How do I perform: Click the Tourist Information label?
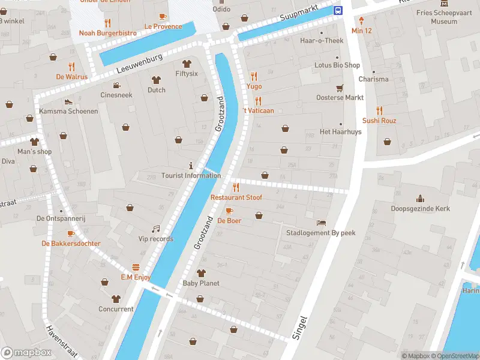click(x=191, y=176)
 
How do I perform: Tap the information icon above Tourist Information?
click(x=191, y=165)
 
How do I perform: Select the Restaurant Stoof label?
click(x=236, y=197)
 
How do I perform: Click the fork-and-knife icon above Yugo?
click(x=254, y=76)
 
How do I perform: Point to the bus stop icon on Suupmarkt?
click(x=338, y=10)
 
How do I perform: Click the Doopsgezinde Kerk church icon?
click(x=420, y=199)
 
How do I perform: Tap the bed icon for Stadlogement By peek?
click(x=322, y=223)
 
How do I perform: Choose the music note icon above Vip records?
click(x=156, y=229)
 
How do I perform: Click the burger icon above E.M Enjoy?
click(x=136, y=267)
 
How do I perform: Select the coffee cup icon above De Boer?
click(x=229, y=211)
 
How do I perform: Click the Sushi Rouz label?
click(x=379, y=121)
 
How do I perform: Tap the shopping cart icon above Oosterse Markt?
click(x=340, y=88)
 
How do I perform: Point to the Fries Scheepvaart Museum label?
click(x=444, y=17)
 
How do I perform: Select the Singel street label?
click(x=300, y=328)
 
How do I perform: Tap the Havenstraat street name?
click(x=61, y=341)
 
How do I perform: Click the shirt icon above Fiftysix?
click(x=186, y=64)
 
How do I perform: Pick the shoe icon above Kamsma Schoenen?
click(x=68, y=101)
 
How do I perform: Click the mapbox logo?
click(x=26, y=352)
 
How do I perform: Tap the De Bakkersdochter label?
click(x=71, y=244)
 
